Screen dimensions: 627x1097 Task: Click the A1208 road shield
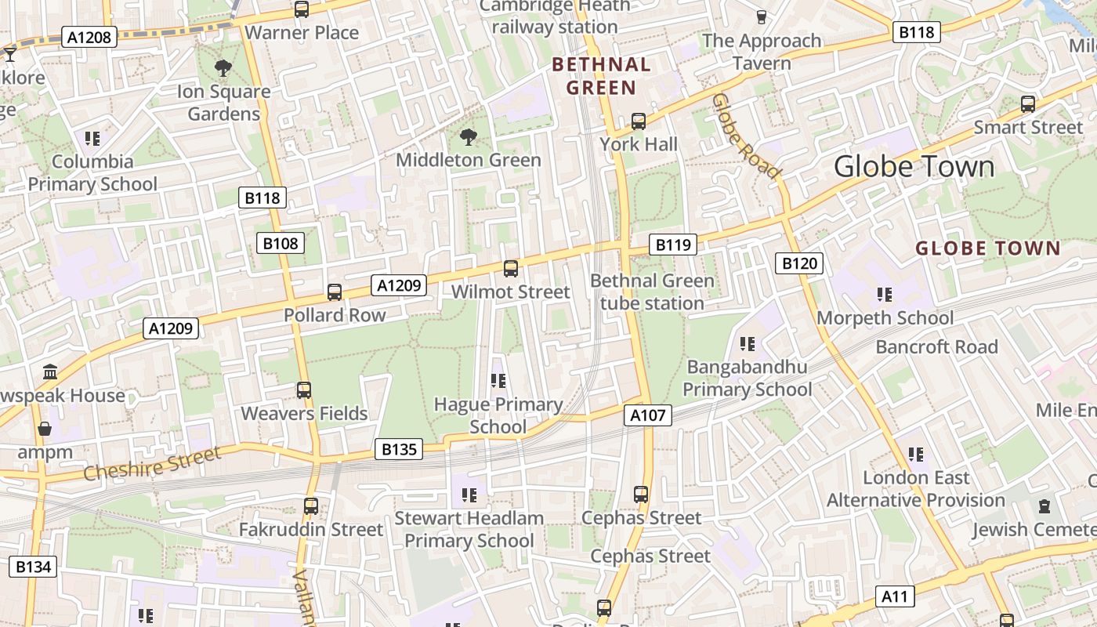click(x=89, y=37)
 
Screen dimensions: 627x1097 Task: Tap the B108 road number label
click(x=280, y=243)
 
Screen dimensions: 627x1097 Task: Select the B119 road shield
click(x=672, y=245)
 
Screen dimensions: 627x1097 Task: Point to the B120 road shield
click(x=799, y=263)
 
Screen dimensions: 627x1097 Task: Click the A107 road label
click(x=648, y=415)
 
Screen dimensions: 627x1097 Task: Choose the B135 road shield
click(x=399, y=449)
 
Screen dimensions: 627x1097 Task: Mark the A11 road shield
click(x=894, y=596)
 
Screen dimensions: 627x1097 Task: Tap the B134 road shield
click(x=33, y=567)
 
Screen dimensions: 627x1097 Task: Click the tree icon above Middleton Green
click(x=469, y=138)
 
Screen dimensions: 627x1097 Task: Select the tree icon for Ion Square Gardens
click(x=223, y=68)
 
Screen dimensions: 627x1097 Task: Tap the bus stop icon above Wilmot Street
click(x=511, y=269)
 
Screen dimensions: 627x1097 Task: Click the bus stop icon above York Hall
click(x=639, y=121)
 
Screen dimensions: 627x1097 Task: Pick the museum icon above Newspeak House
click(x=51, y=371)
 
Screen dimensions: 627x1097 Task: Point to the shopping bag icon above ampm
click(x=45, y=429)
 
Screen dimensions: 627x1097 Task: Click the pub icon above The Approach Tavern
click(x=761, y=16)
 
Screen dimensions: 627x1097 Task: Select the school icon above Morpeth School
click(x=885, y=295)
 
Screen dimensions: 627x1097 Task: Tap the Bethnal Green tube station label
click(x=651, y=292)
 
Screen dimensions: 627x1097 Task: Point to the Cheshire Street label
click(x=152, y=465)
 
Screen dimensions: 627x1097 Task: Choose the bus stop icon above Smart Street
click(x=1027, y=103)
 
